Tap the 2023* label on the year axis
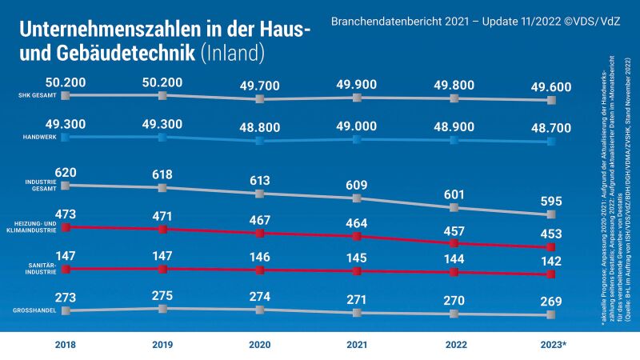(x=551, y=344)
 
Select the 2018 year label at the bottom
(x=65, y=344)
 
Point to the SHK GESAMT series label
(x=37, y=95)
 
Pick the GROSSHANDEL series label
(x=34, y=310)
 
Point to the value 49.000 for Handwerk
(x=357, y=126)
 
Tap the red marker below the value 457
(x=454, y=243)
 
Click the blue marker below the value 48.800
(x=259, y=141)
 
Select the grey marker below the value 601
(x=454, y=207)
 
